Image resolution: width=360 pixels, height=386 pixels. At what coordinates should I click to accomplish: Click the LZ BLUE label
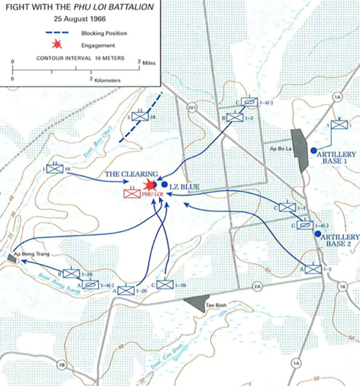pyautogui.click(x=186, y=187)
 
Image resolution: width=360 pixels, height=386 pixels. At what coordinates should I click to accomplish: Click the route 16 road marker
pyautogui.click(x=341, y=286)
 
